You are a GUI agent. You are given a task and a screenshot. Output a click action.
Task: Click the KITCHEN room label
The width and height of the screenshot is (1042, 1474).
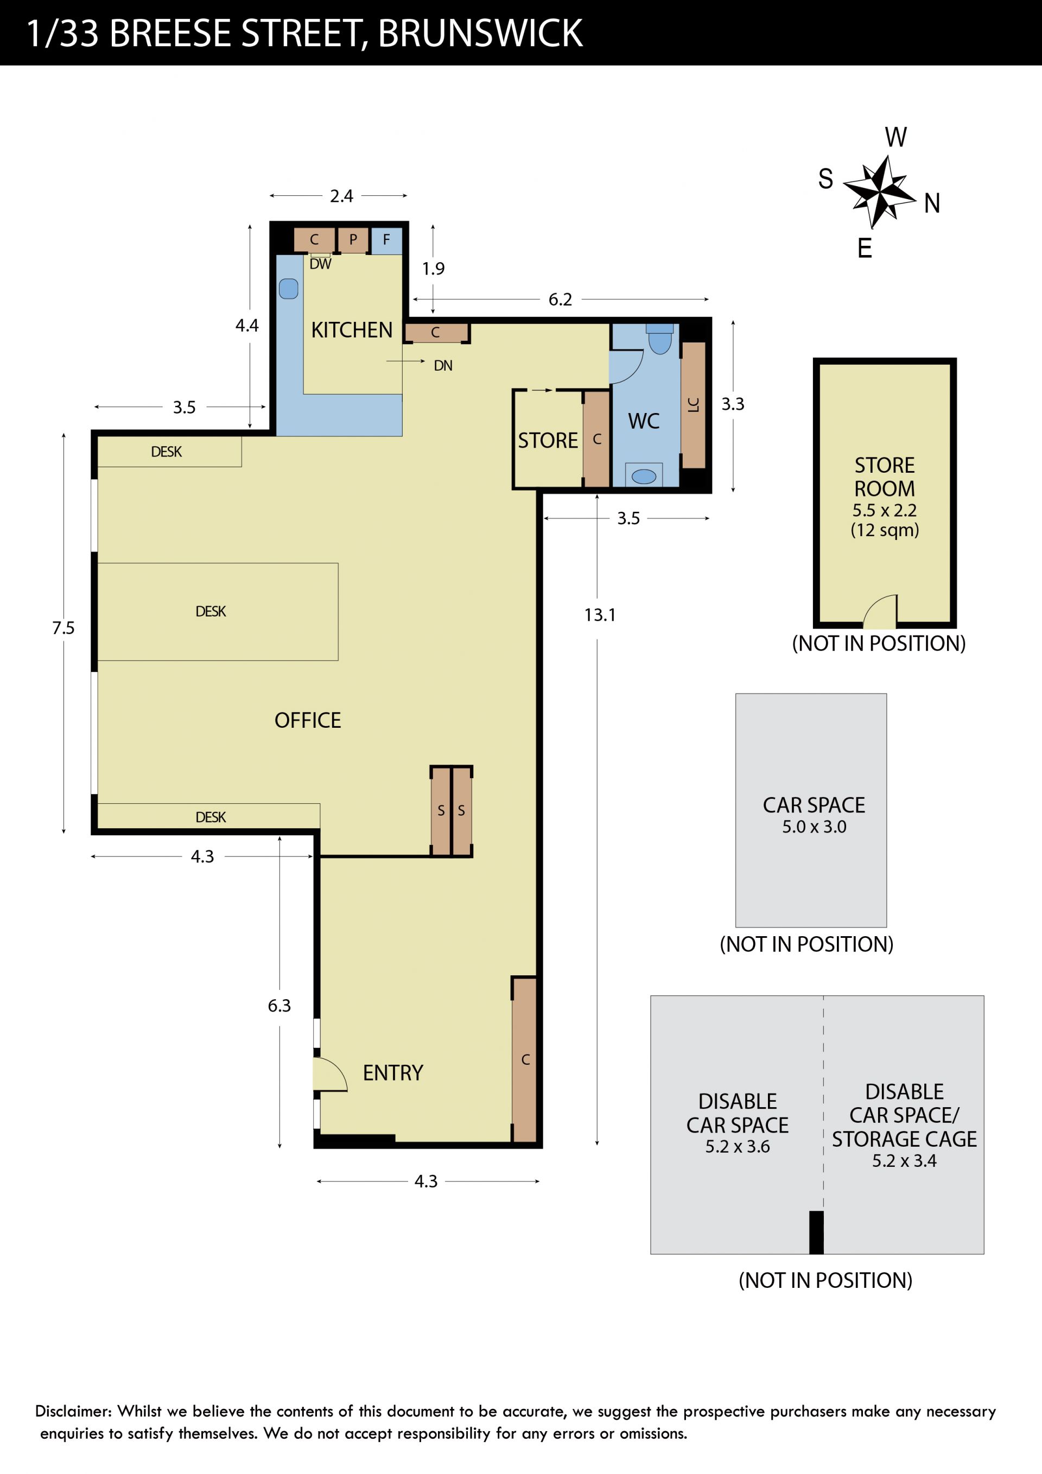[351, 330]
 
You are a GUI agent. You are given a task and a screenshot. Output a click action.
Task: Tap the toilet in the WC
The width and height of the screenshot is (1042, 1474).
[659, 339]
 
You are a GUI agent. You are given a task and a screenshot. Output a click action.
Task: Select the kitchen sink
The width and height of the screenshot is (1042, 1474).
[289, 288]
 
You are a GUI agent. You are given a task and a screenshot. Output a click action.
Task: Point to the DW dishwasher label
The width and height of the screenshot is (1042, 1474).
[320, 264]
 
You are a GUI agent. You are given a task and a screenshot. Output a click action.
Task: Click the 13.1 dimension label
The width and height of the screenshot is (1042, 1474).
[600, 615]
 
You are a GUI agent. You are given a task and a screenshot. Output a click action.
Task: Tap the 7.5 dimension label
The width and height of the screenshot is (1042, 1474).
[63, 628]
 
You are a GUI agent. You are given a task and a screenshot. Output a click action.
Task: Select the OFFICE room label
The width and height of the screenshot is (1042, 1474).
[308, 720]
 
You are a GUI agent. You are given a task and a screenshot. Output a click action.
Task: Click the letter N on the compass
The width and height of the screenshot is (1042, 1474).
[932, 204]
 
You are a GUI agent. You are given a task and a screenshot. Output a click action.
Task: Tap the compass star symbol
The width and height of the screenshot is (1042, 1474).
[879, 192]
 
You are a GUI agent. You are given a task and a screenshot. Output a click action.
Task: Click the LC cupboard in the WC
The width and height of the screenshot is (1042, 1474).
[694, 405]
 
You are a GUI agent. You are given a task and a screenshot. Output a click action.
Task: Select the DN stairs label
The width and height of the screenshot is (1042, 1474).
[443, 366]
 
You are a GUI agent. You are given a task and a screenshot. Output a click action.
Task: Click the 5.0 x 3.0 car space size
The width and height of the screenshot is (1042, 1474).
[814, 827]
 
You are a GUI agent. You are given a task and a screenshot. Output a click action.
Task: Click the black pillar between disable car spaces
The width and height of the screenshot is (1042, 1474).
[816, 1232]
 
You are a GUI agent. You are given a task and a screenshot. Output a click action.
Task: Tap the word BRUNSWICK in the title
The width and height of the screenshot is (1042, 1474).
[480, 34]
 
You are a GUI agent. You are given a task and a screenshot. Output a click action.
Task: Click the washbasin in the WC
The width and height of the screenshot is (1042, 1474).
[644, 476]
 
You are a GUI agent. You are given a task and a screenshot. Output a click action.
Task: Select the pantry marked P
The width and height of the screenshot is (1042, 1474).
[353, 240]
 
